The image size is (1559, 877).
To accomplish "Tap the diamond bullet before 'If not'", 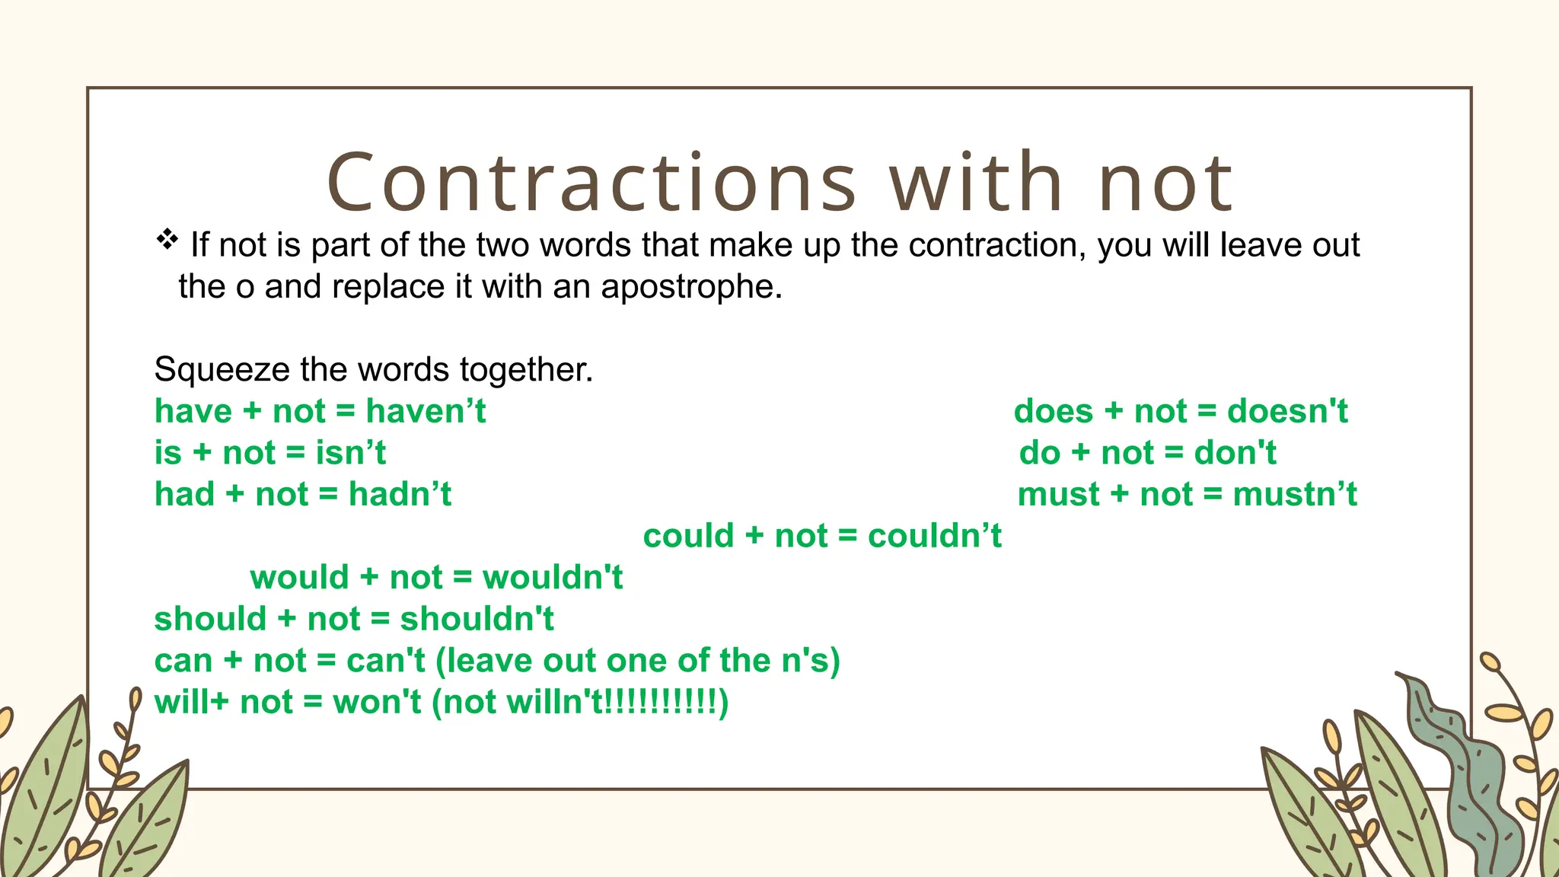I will (167, 240).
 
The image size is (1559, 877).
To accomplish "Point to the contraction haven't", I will (426, 411).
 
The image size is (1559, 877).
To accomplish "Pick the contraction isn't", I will (351, 453).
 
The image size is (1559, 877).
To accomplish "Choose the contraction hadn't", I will (400, 494).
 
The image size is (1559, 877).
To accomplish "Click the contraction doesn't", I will (1287, 411).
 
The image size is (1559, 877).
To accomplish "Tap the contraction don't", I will (1235, 453).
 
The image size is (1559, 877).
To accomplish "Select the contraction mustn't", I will (1295, 494).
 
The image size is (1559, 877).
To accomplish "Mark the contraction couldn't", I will (935, 536).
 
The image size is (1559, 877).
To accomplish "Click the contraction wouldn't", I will (553, 577).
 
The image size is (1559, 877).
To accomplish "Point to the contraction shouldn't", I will (477, 619).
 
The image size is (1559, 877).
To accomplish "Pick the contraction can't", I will (385, 660).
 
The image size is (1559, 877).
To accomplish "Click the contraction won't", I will (377, 702).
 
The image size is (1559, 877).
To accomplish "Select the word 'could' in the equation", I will (688, 536).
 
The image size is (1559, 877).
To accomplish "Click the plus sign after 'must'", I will (1119, 494).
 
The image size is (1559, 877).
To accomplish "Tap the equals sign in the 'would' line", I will (462, 577).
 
